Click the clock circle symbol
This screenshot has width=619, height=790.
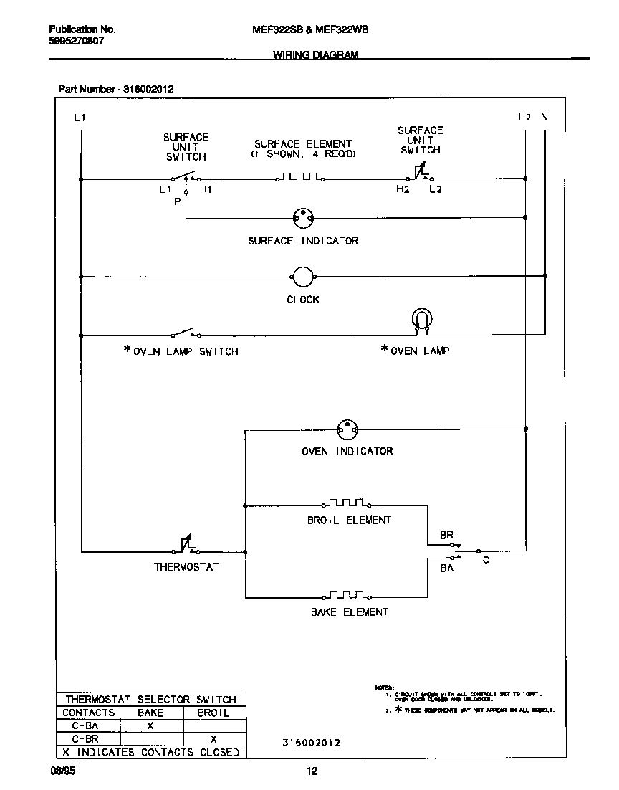303,277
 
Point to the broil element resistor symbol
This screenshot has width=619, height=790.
346,503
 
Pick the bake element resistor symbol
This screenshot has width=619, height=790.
347,595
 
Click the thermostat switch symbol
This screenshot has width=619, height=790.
185,548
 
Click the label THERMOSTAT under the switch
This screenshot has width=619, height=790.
186,567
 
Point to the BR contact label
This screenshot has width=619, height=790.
446,536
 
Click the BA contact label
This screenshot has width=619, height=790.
446,567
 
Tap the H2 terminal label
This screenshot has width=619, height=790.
403,189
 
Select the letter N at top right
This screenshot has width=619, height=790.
544,117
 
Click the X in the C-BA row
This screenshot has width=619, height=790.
150,726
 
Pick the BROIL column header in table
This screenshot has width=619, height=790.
213,713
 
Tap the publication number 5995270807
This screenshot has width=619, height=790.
76,41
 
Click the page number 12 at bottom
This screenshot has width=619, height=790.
312,772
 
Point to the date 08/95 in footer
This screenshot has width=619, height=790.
61,772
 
